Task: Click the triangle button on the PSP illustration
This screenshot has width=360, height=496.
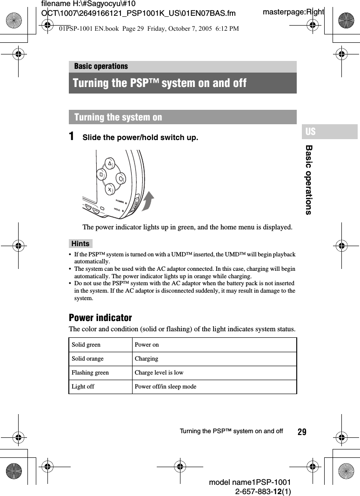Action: [110, 164]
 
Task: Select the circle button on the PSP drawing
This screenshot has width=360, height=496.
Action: [121, 178]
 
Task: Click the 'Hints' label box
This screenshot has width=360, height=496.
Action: [80, 243]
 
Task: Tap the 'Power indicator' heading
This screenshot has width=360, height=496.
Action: [100, 318]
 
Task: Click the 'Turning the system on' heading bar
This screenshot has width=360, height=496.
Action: [182, 117]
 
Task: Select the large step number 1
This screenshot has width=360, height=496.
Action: [72, 137]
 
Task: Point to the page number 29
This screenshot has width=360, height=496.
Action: [302, 432]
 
